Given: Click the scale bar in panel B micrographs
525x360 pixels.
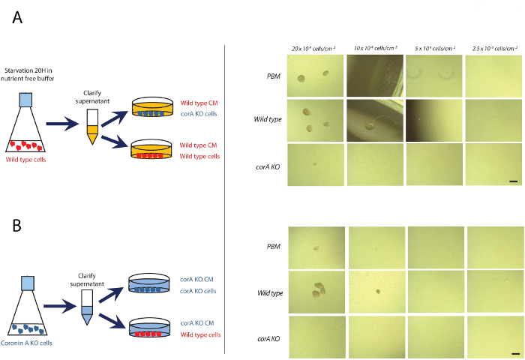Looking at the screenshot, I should [514, 351].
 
